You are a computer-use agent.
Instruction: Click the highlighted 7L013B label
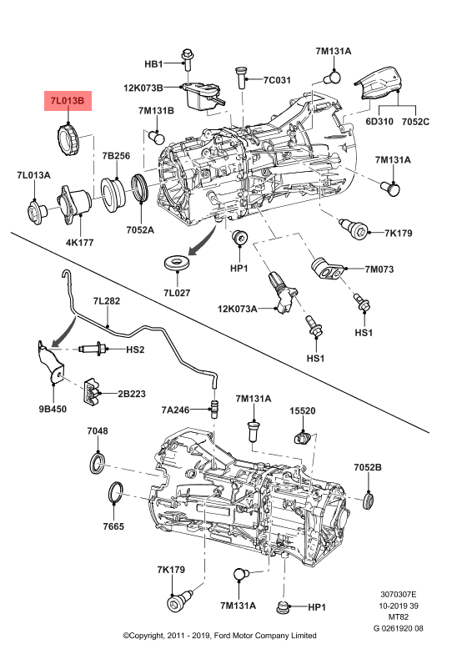(68, 101)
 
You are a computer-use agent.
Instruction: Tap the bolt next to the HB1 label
(187, 59)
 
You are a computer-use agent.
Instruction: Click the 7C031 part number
(276, 81)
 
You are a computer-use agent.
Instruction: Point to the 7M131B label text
(156, 110)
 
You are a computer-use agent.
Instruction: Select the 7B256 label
(116, 156)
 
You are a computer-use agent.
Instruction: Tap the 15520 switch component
(304, 437)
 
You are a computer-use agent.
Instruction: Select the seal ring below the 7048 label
(98, 461)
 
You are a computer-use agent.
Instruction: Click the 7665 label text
(113, 528)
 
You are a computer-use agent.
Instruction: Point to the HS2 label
(135, 349)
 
